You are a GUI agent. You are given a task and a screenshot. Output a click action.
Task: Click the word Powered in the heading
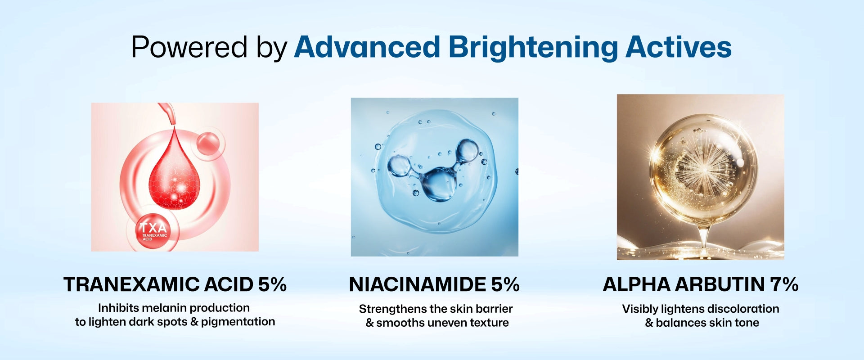189,47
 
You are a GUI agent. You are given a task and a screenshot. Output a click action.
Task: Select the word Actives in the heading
679,47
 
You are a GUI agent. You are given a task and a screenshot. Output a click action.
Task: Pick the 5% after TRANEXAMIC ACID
272,284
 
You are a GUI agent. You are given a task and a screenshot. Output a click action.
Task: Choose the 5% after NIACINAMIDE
505,284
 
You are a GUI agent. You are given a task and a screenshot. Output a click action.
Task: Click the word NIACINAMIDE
418,284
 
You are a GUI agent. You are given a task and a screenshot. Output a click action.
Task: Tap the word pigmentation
238,322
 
